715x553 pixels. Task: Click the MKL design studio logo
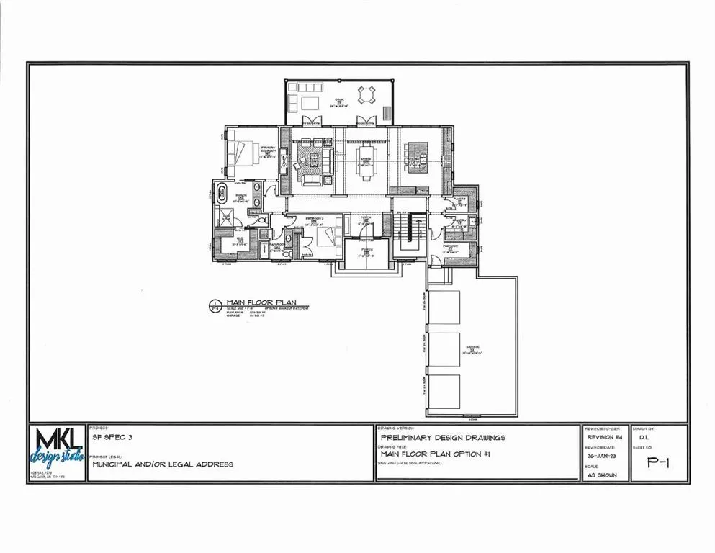tap(57, 451)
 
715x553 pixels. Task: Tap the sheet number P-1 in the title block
tap(658, 464)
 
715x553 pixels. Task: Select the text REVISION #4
tap(603, 437)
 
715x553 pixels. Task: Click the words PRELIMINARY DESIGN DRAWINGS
tap(443, 437)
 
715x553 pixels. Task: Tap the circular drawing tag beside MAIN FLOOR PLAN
tap(214, 306)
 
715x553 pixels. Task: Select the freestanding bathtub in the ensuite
tap(222, 195)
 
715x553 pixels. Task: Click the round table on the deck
tap(367, 94)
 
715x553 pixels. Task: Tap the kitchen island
tap(418, 153)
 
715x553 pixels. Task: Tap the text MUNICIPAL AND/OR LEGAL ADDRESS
tap(163, 464)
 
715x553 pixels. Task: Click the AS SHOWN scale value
tap(602, 475)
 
